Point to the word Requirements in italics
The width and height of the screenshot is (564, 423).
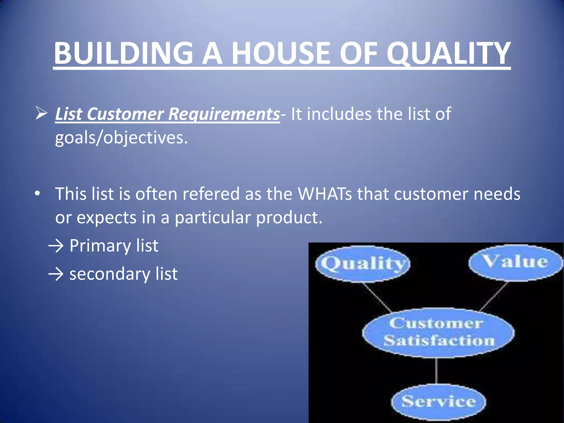tap(224, 114)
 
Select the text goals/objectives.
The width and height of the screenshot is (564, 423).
tap(121, 137)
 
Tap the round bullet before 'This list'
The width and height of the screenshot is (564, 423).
tap(37, 194)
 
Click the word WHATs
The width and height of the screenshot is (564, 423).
tap(325, 194)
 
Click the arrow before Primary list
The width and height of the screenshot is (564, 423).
tap(56, 246)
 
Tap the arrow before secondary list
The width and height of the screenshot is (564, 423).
tap(56, 274)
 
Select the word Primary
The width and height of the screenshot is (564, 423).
tap(100, 246)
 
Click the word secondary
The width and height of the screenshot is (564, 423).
tap(109, 274)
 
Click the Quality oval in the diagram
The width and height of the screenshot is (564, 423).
tap(362, 264)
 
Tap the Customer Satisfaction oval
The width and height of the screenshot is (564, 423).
tap(438, 333)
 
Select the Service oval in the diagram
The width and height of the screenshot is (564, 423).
tap(438, 402)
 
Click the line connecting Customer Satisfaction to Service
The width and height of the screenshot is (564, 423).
tap(436, 370)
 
